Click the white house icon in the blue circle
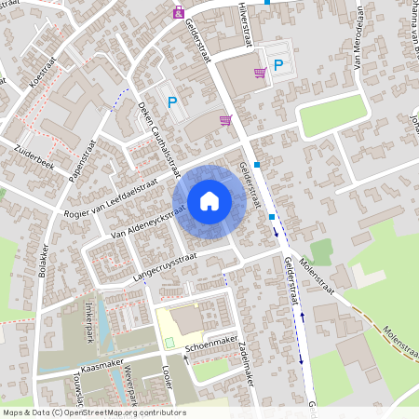tap(209, 201)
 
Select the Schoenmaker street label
tap(209, 345)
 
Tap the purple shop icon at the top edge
tap(178, 12)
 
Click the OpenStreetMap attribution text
tap(94, 412)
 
